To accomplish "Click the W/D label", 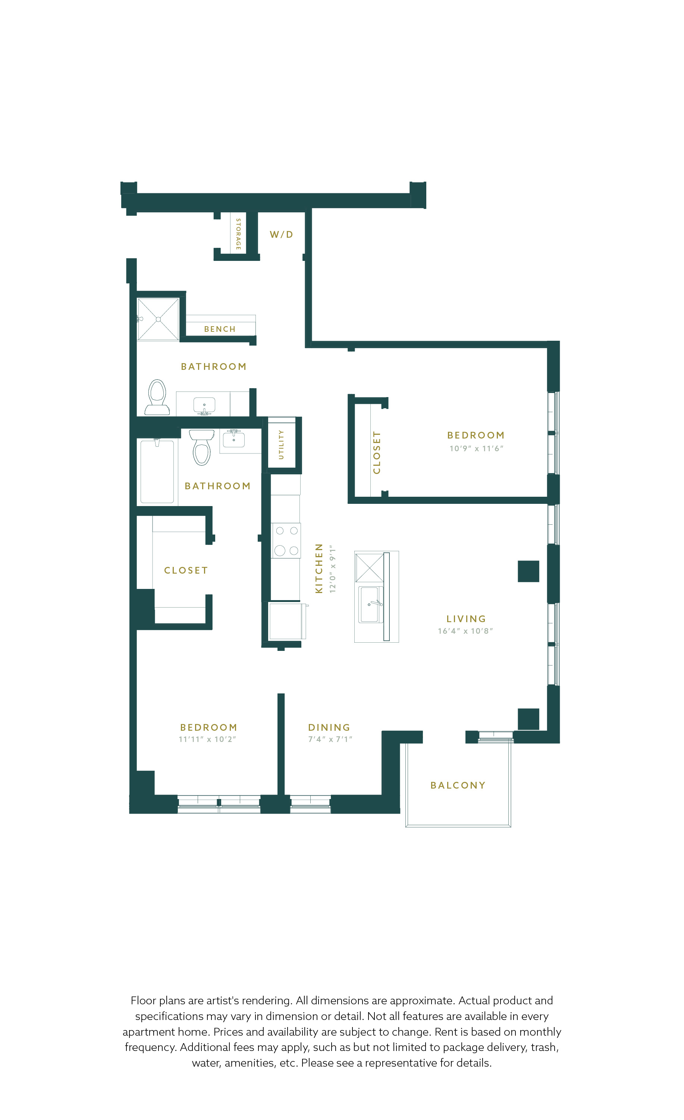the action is tap(281, 234).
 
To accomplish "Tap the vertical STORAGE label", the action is tap(238, 234).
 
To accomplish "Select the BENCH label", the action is tap(220, 329).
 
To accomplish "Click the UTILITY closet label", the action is tap(281, 444).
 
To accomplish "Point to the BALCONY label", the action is tap(458, 786).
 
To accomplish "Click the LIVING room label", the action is tap(466, 619).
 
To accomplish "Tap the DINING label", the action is tap(329, 728).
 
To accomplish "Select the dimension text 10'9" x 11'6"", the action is tap(476, 449).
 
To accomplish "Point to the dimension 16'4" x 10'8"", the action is tap(465, 631).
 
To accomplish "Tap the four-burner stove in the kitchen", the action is tap(286, 540).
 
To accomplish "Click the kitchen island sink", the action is tap(371, 605).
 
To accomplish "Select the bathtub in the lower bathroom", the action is tap(157, 471).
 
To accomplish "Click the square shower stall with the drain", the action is tap(158, 319).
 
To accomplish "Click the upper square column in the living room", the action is tap(528, 571).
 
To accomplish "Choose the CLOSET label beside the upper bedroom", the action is tap(377, 453).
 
